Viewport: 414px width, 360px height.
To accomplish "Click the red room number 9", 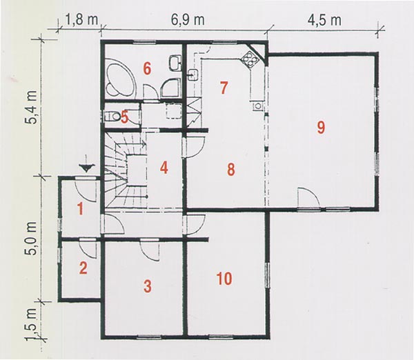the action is pyautogui.click(x=321, y=128).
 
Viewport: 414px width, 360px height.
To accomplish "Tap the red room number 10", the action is pyautogui.click(x=224, y=279).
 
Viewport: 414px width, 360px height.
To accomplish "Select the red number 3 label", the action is pyautogui.click(x=148, y=286).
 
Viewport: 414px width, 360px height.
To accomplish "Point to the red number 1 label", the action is pyautogui.click(x=81, y=208).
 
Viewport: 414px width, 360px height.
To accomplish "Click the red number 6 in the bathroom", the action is pyautogui.click(x=147, y=69).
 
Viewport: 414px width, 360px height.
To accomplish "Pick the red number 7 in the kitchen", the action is pyautogui.click(x=224, y=88).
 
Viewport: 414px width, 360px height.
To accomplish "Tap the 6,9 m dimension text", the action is pyautogui.click(x=188, y=20).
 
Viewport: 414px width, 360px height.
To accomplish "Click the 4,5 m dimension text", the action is pyautogui.click(x=324, y=20).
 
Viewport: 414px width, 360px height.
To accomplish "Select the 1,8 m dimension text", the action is pyautogui.click(x=81, y=20).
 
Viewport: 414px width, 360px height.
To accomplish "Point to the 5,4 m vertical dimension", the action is pyautogui.click(x=32, y=107).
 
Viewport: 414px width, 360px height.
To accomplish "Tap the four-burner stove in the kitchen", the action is pyautogui.click(x=250, y=59).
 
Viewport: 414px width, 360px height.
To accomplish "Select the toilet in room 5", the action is pyautogui.click(x=112, y=116).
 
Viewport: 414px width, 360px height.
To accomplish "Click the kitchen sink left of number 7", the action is pyautogui.click(x=193, y=74).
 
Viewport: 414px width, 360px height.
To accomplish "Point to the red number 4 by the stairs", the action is pyautogui.click(x=164, y=168).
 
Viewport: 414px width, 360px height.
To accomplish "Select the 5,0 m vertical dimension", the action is pyautogui.click(x=32, y=238).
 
